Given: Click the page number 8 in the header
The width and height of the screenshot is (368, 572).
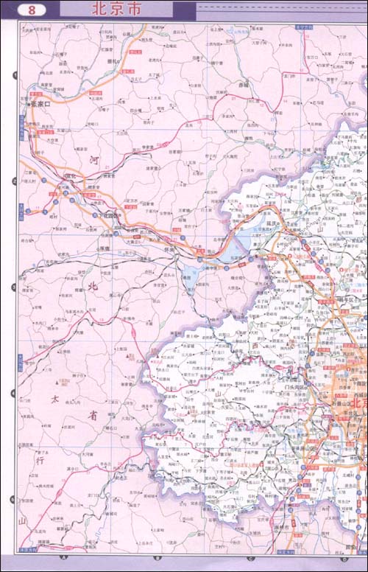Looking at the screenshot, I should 31,10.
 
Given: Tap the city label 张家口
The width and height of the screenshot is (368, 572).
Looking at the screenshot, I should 46,104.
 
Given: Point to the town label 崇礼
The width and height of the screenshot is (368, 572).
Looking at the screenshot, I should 113,61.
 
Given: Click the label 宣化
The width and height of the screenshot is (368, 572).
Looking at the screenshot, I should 71,177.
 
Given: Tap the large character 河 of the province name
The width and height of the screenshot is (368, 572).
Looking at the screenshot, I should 93,158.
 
